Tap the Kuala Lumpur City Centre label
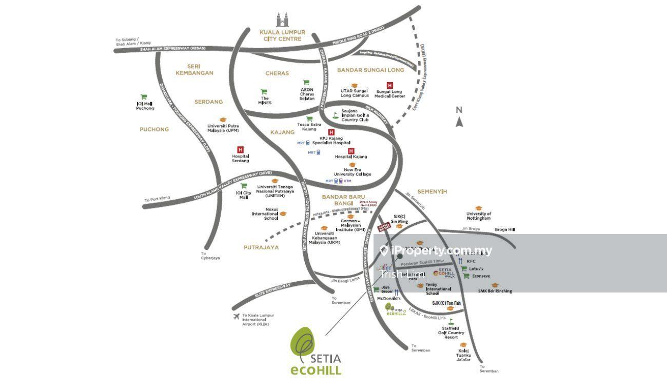[x=282, y=35]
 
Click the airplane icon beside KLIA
[x=236, y=316]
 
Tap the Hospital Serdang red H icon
[x=240, y=149]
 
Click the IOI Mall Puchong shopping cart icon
[x=144, y=96]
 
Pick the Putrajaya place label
[x=261, y=247]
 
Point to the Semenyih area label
[x=432, y=191]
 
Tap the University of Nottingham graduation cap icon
[x=479, y=208]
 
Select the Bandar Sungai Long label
[x=370, y=70]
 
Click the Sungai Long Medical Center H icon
[x=389, y=85]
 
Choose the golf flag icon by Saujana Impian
[x=336, y=115]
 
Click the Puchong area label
[x=154, y=129]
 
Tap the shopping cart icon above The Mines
[x=264, y=92]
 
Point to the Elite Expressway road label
[x=273, y=290]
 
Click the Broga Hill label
[x=504, y=229]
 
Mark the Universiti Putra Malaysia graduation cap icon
[x=223, y=120]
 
